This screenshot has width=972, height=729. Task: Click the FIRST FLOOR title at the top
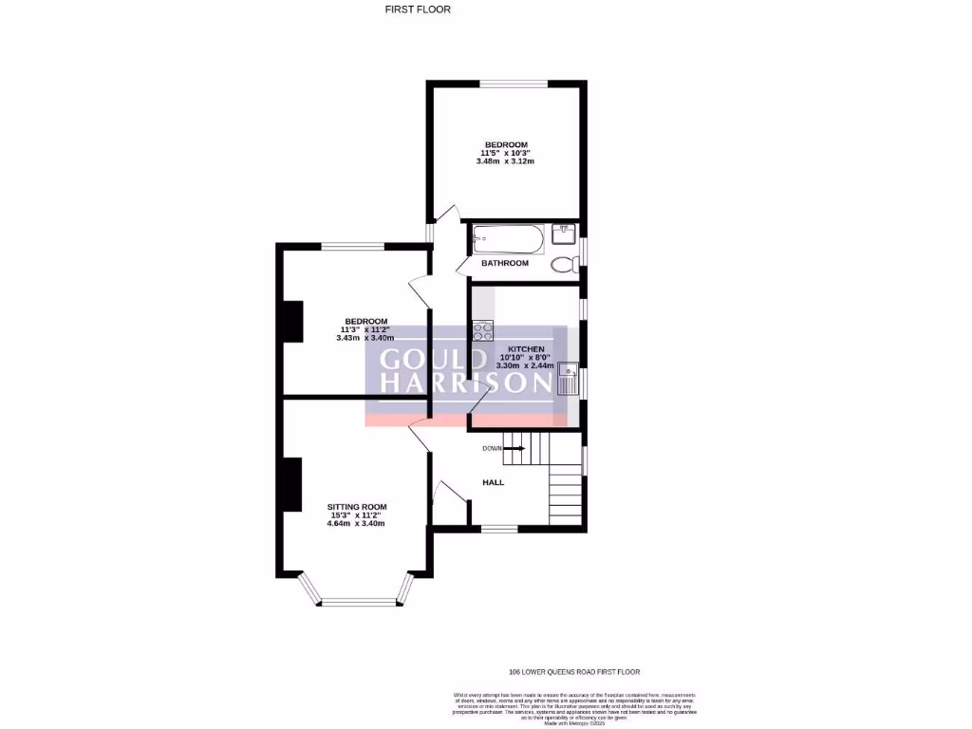coord(418,9)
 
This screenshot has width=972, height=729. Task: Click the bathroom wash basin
coord(564,233)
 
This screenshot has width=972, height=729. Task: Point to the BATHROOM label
coord(505,263)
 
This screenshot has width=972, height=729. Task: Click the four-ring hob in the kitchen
coord(482,331)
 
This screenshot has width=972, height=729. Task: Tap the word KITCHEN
coord(526,349)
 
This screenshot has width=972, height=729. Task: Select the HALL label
coord(494,482)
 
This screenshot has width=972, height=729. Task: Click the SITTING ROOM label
coord(357,507)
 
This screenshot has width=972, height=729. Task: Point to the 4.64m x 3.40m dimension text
coord(357,524)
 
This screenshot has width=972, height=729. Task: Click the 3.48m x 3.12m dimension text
coord(505,161)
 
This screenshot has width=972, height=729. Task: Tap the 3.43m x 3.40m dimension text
coord(365,338)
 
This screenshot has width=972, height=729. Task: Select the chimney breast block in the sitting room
coord(291,484)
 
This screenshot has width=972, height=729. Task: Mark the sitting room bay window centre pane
coord(357,600)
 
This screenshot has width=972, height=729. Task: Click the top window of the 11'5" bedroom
coord(513,84)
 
